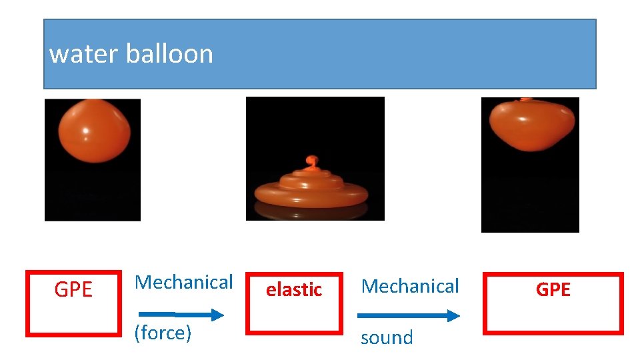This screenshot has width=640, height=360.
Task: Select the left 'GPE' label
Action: coord(73,290)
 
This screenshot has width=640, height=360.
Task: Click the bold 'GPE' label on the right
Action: coord(553,289)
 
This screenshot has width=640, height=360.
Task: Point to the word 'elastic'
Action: coord(294,289)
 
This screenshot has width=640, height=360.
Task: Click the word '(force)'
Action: coord(163,332)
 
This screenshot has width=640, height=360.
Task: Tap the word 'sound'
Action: coord(387,337)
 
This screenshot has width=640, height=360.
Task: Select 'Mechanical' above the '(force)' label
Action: coord(184,282)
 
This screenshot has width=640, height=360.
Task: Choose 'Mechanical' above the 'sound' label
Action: coord(410,286)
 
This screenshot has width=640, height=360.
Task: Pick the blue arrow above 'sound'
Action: coord(408,315)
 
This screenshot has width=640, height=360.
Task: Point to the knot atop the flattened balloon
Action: coord(311,161)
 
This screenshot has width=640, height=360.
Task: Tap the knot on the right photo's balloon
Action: coord(526,101)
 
